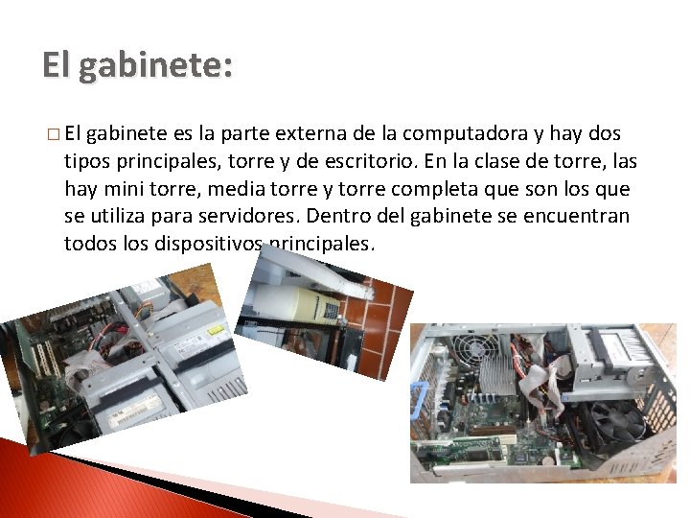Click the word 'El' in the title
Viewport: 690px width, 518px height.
(57, 66)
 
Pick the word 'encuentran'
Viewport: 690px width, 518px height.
(582, 216)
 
